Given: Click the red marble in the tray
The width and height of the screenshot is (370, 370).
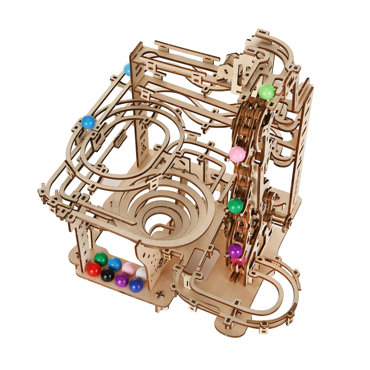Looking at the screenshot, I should coord(94,269).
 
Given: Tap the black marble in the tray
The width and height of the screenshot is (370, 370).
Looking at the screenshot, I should coord(107,275).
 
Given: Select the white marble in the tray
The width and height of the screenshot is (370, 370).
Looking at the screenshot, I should coord(141,274).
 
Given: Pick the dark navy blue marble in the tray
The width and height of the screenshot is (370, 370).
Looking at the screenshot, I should coord(136,285).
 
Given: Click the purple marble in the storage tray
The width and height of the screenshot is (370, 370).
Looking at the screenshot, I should coord(121,280).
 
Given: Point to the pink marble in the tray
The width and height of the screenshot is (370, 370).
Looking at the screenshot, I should coord(129,269).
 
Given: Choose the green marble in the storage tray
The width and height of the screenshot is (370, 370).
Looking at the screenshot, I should coord(101,259).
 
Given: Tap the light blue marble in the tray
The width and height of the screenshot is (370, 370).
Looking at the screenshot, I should coord(115,264).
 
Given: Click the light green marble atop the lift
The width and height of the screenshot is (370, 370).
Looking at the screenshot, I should coord(267,92).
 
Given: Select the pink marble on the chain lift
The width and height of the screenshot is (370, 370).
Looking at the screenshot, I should coord(237,154).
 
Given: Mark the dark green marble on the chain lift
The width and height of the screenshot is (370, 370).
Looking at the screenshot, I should coord(236,206).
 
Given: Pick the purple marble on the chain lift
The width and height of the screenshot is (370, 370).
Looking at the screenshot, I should coord(235,250).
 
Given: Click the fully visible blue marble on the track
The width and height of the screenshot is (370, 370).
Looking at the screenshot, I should coord(88,122).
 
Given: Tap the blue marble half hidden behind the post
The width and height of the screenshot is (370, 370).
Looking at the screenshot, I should coord(127,69).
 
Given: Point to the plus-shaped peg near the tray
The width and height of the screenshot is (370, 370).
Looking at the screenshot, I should coord(160,295).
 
